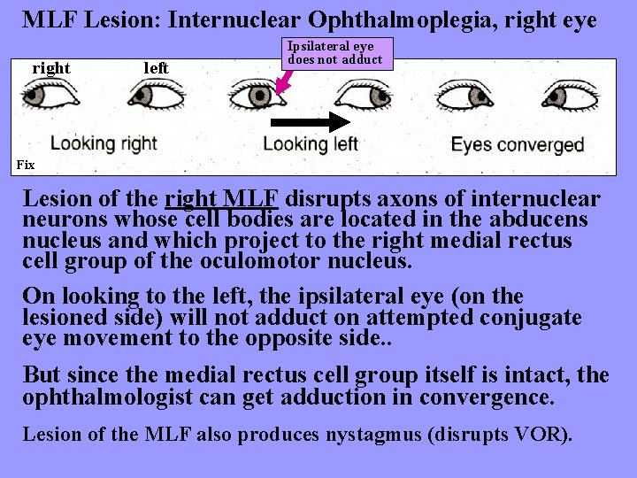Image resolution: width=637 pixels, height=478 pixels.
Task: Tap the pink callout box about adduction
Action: [335, 53]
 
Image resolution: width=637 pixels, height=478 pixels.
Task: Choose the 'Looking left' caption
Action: [310, 143]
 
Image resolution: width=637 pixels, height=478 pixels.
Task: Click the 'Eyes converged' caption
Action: [518, 144]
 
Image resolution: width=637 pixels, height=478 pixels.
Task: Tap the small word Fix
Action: [25, 165]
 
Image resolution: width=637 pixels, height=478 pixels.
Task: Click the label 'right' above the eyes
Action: [51, 68]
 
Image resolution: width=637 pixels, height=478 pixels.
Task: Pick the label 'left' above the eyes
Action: [156, 68]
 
